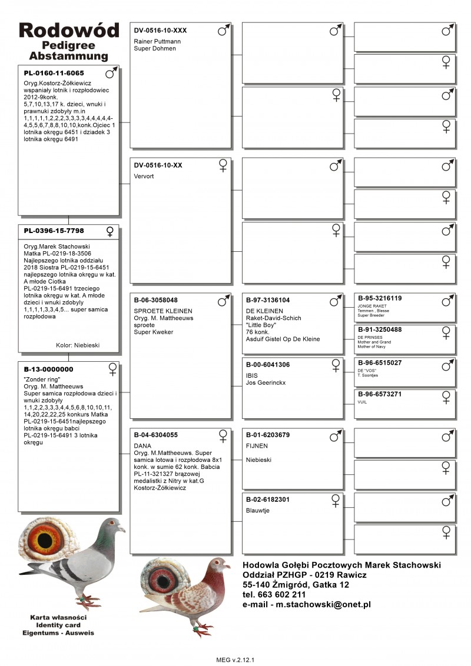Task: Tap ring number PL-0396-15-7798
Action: pyautogui.click(x=54, y=231)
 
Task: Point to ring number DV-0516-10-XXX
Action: pyautogui.click(x=160, y=30)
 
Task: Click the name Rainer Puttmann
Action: pyautogui.click(x=157, y=42)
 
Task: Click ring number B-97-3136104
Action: pyautogui.click(x=268, y=299)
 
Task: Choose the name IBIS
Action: pyautogui.click(x=252, y=375)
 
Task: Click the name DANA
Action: pyautogui.click(x=142, y=446)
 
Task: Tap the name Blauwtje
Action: pyautogui.click(x=257, y=511)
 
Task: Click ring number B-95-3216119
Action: pyautogui.click(x=380, y=298)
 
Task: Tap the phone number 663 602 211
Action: pyautogui.click(x=280, y=595)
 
